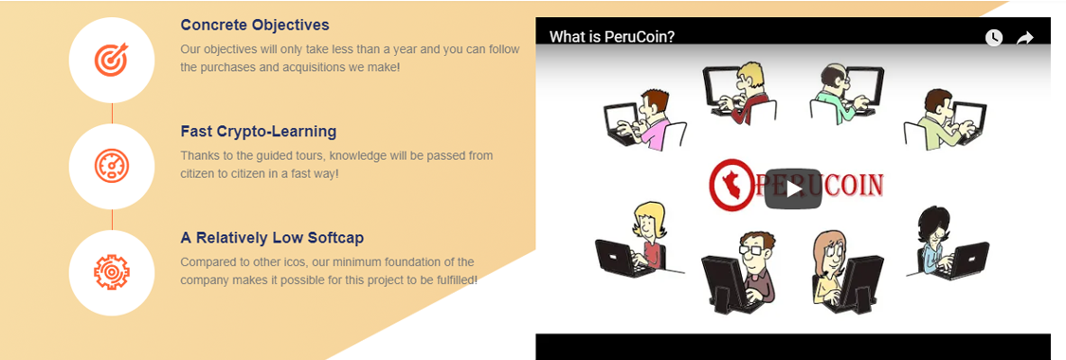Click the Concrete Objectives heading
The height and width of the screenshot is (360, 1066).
pyautogui.click(x=254, y=26)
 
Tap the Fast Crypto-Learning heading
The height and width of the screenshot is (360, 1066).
pyautogui.click(x=259, y=131)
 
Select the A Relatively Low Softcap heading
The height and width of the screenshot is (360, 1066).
pyautogui.click(x=272, y=238)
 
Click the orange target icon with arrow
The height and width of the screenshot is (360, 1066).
pyautogui.click(x=112, y=60)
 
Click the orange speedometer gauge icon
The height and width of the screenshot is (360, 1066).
pyautogui.click(x=112, y=166)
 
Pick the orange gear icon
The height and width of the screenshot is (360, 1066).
pyautogui.click(x=112, y=273)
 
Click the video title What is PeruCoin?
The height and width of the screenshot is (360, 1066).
pyautogui.click(x=612, y=37)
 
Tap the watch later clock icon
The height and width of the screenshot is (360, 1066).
pyautogui.click(x=994, y=38)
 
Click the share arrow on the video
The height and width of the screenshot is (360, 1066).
pyautogui.click(x=1024, y=38)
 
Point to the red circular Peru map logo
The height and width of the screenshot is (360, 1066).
pyautogui.click(x=732, y=183)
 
